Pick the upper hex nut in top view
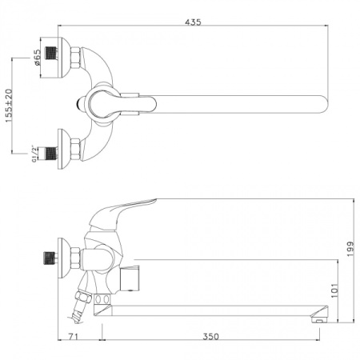click(75, 57)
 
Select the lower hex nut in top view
click(75, 147)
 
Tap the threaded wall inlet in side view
click(52, 258)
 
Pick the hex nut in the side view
click(74, 258)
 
